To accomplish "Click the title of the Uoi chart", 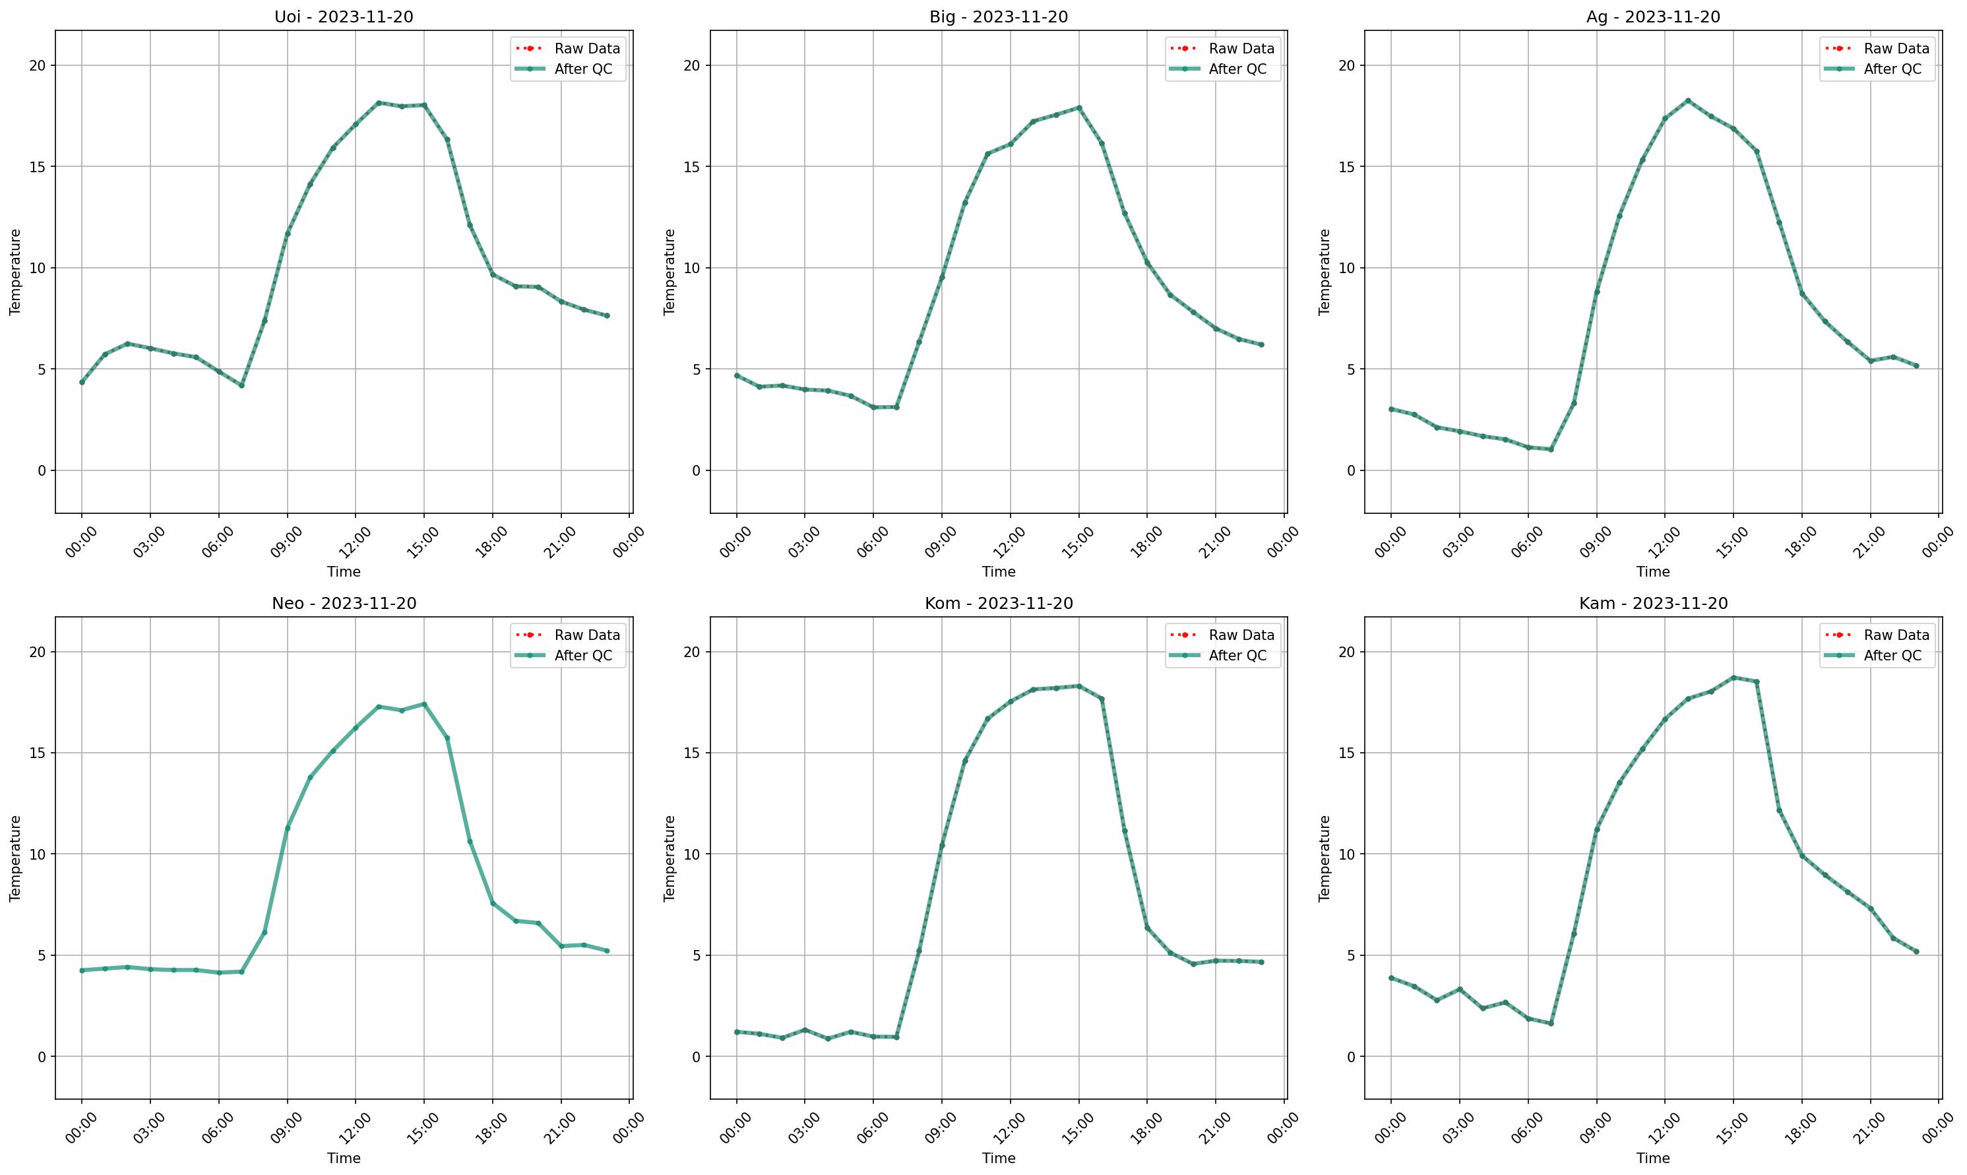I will point(344,16).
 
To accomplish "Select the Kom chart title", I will point(998,604).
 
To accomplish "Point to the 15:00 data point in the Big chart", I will point(1078,108).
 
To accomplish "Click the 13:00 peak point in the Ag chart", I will point(1687,100).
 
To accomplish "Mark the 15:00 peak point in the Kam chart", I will point(1733,678).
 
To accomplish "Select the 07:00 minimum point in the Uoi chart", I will point(241,385).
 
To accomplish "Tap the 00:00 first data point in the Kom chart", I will point(737,1032).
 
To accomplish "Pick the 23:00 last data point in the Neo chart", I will point(607,951).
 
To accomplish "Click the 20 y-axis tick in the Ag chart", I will point(1346,66).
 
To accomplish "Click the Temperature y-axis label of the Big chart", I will point(670,272).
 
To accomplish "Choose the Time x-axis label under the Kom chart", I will point(998,1159).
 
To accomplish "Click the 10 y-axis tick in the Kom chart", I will point(693,854).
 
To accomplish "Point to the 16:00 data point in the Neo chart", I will point(447,738).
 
